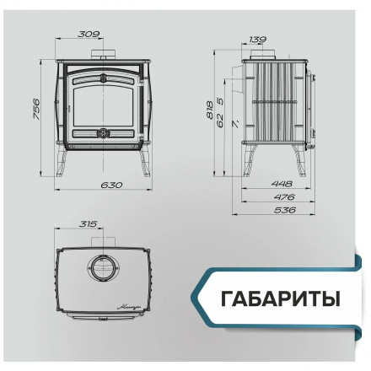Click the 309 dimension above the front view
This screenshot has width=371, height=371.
88,34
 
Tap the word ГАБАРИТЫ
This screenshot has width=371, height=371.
279,299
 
